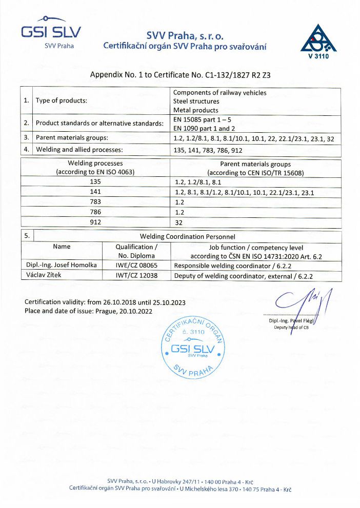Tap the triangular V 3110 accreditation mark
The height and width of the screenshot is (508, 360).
pos(318,40)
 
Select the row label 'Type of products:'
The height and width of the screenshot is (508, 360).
pos(62,100)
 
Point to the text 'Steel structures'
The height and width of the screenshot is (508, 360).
pos(196,101)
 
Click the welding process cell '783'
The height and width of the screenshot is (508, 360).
pos(95,202)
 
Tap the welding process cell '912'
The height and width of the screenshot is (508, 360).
pos(95,222)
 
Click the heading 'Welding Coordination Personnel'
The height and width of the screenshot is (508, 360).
pos(187,236)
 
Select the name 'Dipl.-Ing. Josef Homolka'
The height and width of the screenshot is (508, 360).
pos(62,266)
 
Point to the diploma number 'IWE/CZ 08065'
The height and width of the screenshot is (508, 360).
pos(136,266)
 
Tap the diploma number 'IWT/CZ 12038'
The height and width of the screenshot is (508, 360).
pos(136,275)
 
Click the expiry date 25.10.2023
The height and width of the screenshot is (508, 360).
pos(169,302)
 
